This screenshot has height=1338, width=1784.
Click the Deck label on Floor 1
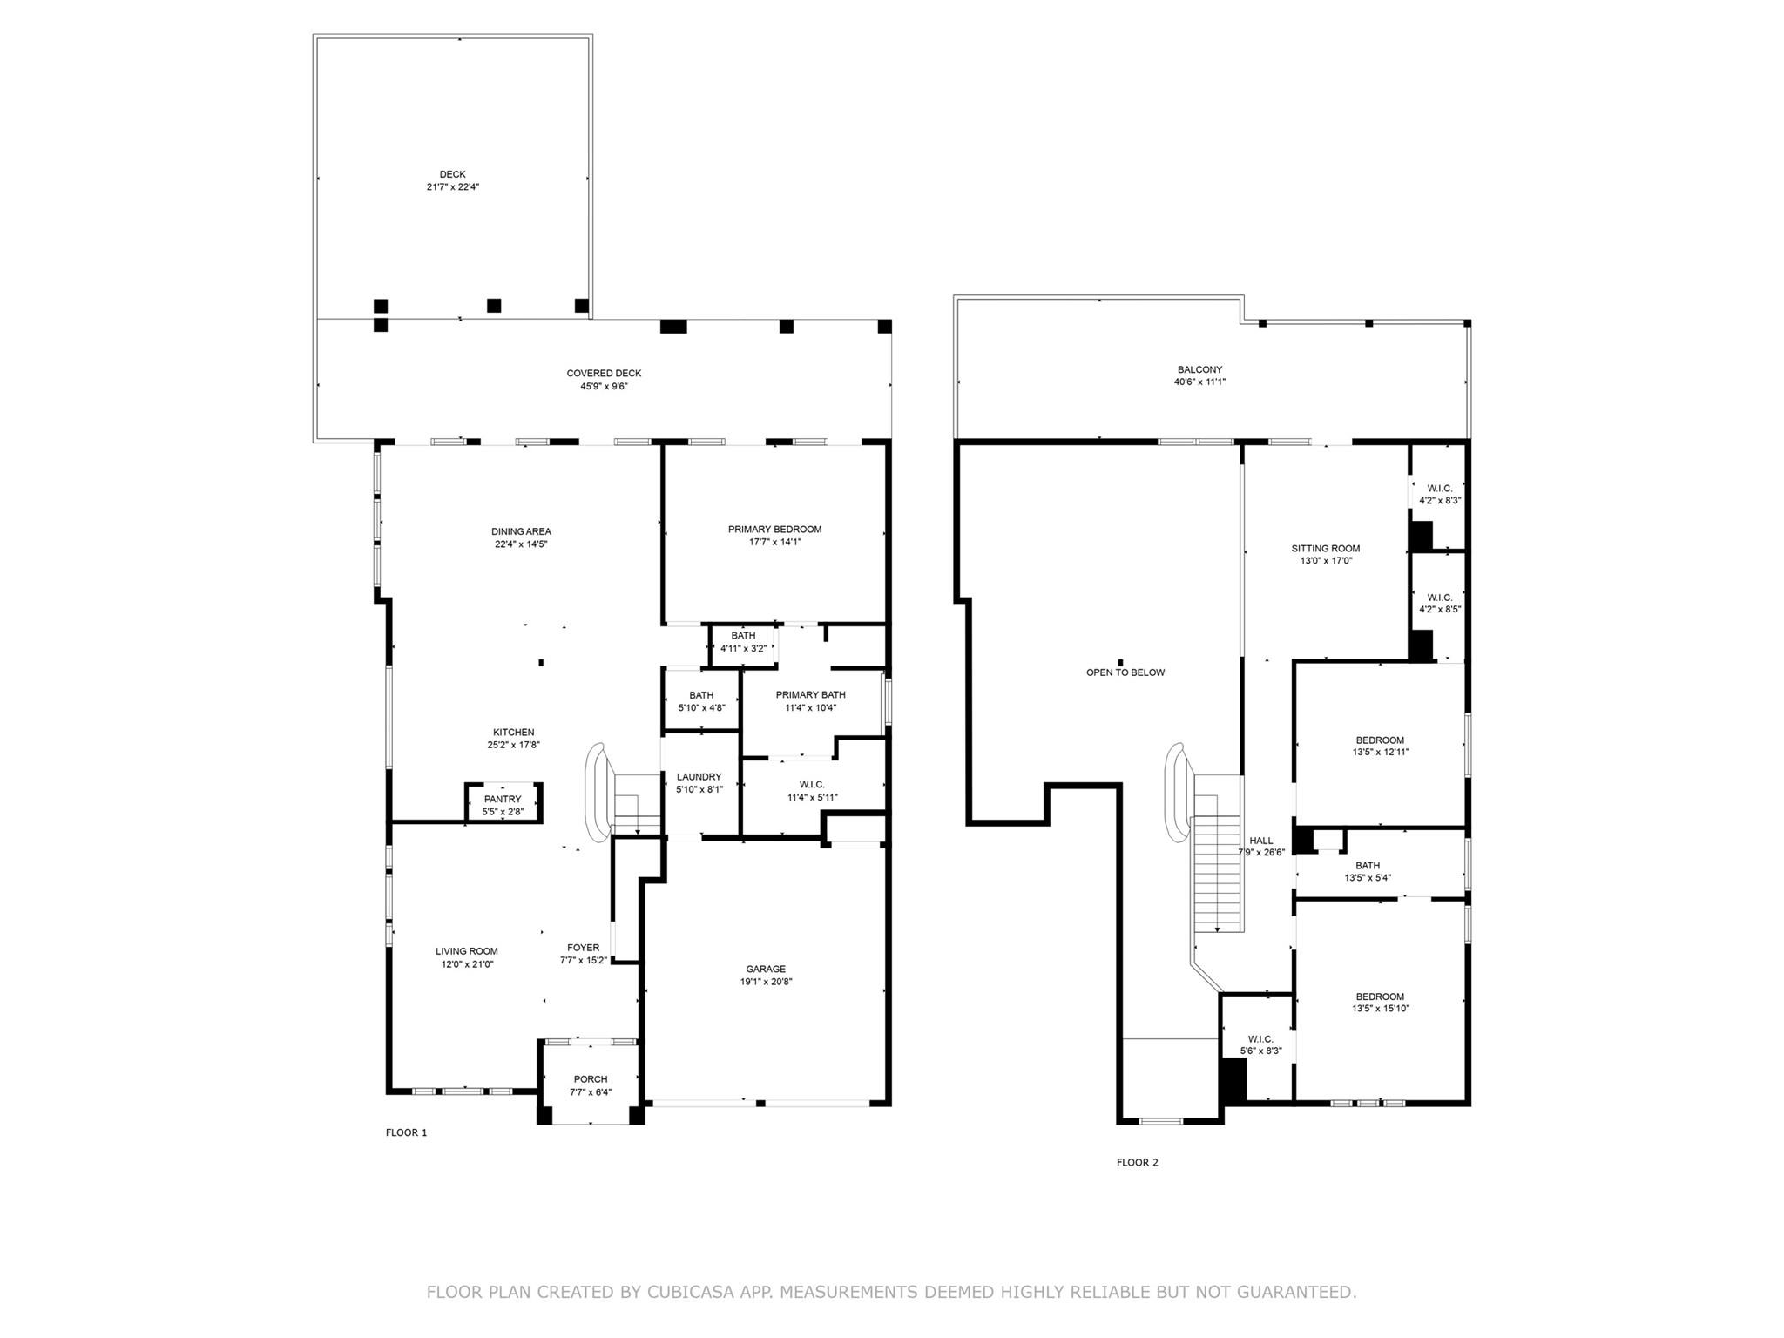(x=452, y=174)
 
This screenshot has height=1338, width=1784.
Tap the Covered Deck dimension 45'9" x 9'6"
(x=604, y=386)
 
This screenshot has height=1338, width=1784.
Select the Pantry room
(x=503, y=804)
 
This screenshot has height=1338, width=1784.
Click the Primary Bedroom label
(x=774, y=530)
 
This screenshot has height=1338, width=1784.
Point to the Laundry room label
(x=699, y=777)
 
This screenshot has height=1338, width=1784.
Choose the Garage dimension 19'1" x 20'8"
(x=766, y=982)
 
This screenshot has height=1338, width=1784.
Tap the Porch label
(x=590, y=1079)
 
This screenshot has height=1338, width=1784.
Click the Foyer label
(x=583, y=948)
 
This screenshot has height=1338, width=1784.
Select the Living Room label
(x=466, y=951)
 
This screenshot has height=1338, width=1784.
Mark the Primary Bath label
(x=810, y=695)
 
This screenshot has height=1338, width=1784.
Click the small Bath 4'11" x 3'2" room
(x=743, y=642)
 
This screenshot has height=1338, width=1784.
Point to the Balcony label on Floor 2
(x=1199, y=369)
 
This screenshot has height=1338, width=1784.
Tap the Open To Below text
(x=1125, y=672)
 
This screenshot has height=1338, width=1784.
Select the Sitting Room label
(x=1325, y=549)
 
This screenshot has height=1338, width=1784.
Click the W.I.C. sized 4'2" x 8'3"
(x=1439, y=495)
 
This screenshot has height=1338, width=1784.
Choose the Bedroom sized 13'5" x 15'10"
(x=1380, y=1003)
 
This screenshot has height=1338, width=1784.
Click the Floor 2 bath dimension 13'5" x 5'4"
(x=1367, y=878)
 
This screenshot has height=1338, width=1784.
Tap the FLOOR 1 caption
(x=406, y=1132)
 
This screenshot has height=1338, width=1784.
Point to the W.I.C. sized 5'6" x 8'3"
(x=1260, y=1044)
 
